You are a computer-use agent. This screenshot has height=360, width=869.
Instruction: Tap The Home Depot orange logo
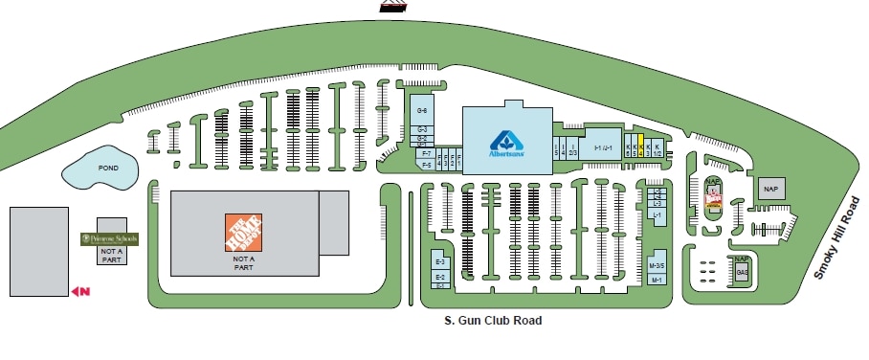click(x=242, y=233)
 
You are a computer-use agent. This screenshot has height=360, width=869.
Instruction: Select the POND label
click(x=108, y=167)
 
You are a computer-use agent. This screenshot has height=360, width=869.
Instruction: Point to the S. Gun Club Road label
click(x=500, y=322)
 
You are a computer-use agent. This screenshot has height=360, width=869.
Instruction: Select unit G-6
click(x=421, y=111)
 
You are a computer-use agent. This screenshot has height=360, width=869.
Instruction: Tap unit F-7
click(x=426, y=153)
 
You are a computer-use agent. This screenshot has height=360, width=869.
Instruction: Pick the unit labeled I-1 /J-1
click(x=603, y=147)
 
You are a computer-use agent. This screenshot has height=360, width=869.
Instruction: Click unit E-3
click(x=441, y=262)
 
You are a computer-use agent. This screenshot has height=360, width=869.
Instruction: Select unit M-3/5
click(x=657, y=265)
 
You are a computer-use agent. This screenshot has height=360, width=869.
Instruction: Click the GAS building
click(x=742, y=272)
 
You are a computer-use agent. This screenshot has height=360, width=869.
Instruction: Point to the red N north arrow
click(x=79, y=290)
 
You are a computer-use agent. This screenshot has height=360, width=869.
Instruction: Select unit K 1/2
click(x=657, y=147)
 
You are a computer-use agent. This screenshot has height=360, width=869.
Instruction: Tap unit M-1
click(x=657, y=280)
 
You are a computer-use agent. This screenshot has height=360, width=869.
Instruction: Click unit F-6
click(x=426, y=165)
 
